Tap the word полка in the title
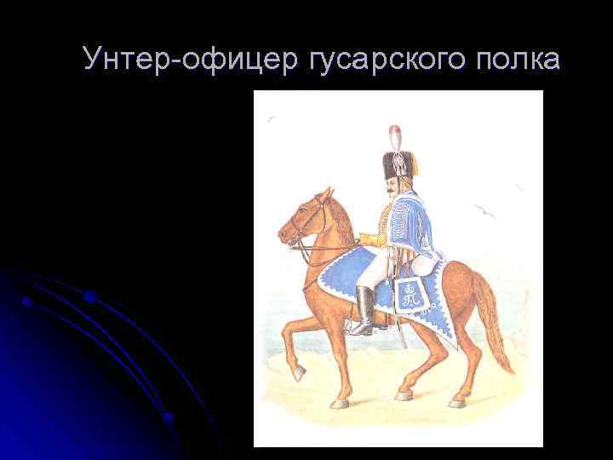[513, 60]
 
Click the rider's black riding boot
[364, 310]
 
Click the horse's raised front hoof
[298, 374]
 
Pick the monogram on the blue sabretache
[410, 295]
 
